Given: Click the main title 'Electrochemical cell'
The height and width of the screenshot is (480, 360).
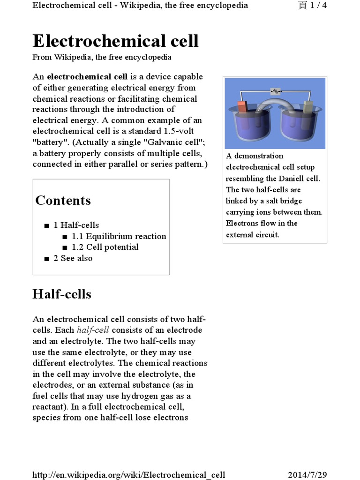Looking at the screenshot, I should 115,41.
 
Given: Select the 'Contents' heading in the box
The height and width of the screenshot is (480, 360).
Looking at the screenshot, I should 63,201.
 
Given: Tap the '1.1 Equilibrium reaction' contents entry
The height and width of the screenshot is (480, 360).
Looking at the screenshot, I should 119,236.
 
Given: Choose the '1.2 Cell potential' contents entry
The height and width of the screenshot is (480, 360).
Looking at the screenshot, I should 105,247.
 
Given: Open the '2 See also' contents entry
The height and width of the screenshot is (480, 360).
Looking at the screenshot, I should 73,258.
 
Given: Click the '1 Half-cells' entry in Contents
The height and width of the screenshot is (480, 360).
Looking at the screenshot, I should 76,225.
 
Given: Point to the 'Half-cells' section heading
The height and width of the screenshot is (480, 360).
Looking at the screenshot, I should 61,294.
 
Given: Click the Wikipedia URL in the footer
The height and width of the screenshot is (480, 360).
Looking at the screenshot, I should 129,475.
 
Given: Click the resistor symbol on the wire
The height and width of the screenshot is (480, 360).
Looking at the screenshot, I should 276,91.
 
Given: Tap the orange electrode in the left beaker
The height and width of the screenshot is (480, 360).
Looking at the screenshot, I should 242,107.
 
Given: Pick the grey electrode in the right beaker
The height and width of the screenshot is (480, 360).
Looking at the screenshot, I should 308,107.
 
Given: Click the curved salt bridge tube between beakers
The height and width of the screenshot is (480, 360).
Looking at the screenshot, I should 275,104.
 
